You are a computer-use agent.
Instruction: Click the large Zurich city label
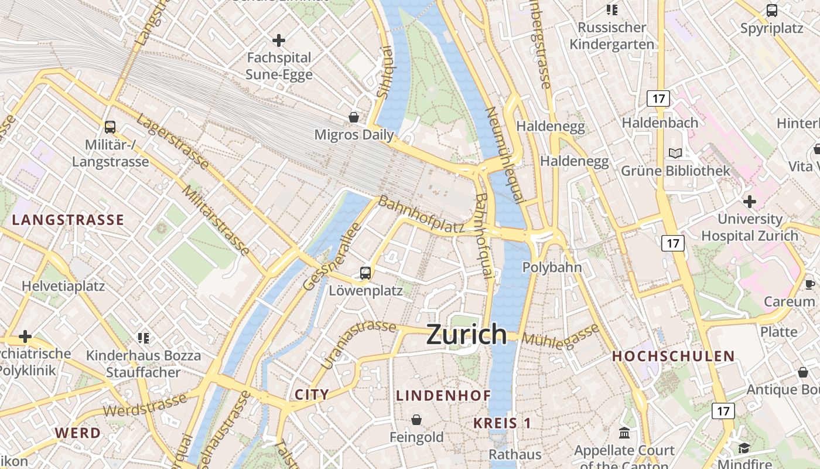click(x=466, y=334)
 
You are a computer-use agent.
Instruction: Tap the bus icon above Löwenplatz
click(x=365, y=273)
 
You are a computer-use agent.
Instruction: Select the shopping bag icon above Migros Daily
click(x=354, y=117)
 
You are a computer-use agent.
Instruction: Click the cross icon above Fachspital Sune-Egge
click(x=279, y=40)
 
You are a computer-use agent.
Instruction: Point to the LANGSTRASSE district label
click(x=68, y=220)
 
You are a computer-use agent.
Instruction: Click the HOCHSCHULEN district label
click(x=673, y=356)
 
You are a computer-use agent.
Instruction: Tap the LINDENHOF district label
click(x=443, y=396)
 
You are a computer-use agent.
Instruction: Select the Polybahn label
click(x=552, y=267)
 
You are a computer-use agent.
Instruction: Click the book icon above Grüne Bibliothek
click(x=675, y=153)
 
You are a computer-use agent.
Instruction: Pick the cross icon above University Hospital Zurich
click(x=749, y=202)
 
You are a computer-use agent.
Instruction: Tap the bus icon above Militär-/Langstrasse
click(x=110, y=127)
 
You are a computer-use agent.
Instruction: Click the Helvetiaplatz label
click(x=63, y=286)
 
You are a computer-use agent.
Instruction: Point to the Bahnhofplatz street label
click(x=421, y=215)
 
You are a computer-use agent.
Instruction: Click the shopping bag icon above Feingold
click(x=416, y=420)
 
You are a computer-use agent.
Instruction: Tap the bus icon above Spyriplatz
click(x=772, y=11)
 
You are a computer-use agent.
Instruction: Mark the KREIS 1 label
click(x=502, y=423)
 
